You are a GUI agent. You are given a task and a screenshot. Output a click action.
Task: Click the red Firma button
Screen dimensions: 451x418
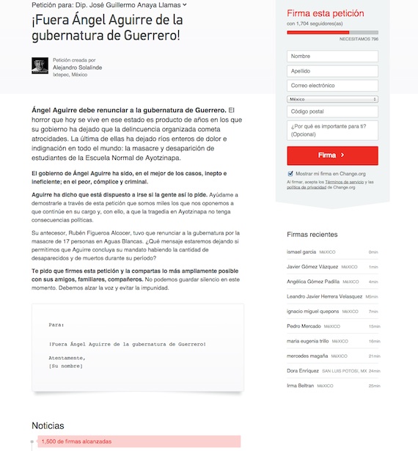pos(332,155)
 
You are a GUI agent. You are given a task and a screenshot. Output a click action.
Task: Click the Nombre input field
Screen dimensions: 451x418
pos(332,56)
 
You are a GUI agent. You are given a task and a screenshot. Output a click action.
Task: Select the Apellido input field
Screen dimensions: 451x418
pos(332,71)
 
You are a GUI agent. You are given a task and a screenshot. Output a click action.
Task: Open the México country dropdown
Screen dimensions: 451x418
pos(332,99)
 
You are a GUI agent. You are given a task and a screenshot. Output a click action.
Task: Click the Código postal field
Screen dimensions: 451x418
pos(332,111)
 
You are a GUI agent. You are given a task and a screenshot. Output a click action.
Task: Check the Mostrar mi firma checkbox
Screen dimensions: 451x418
pos(290,174)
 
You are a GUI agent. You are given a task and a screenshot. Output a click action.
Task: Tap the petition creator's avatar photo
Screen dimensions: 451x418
pos(40,65)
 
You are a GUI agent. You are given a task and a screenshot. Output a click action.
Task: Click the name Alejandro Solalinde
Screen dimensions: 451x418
pos(78,67)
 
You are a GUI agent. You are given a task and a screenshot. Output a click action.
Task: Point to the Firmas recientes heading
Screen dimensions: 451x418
pos(312,235)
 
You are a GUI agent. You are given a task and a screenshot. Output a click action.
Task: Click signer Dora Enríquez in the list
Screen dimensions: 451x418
pos(303,370)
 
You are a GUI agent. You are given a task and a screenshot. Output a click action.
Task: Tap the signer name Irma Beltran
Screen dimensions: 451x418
pos(301,386)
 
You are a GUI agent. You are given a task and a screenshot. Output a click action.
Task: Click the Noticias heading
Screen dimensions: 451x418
pos(48,425)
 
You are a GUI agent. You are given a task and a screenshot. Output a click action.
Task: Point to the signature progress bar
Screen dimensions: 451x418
pos(332,32)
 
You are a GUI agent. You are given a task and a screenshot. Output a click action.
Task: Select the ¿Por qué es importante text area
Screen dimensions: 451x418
pos(332,131)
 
